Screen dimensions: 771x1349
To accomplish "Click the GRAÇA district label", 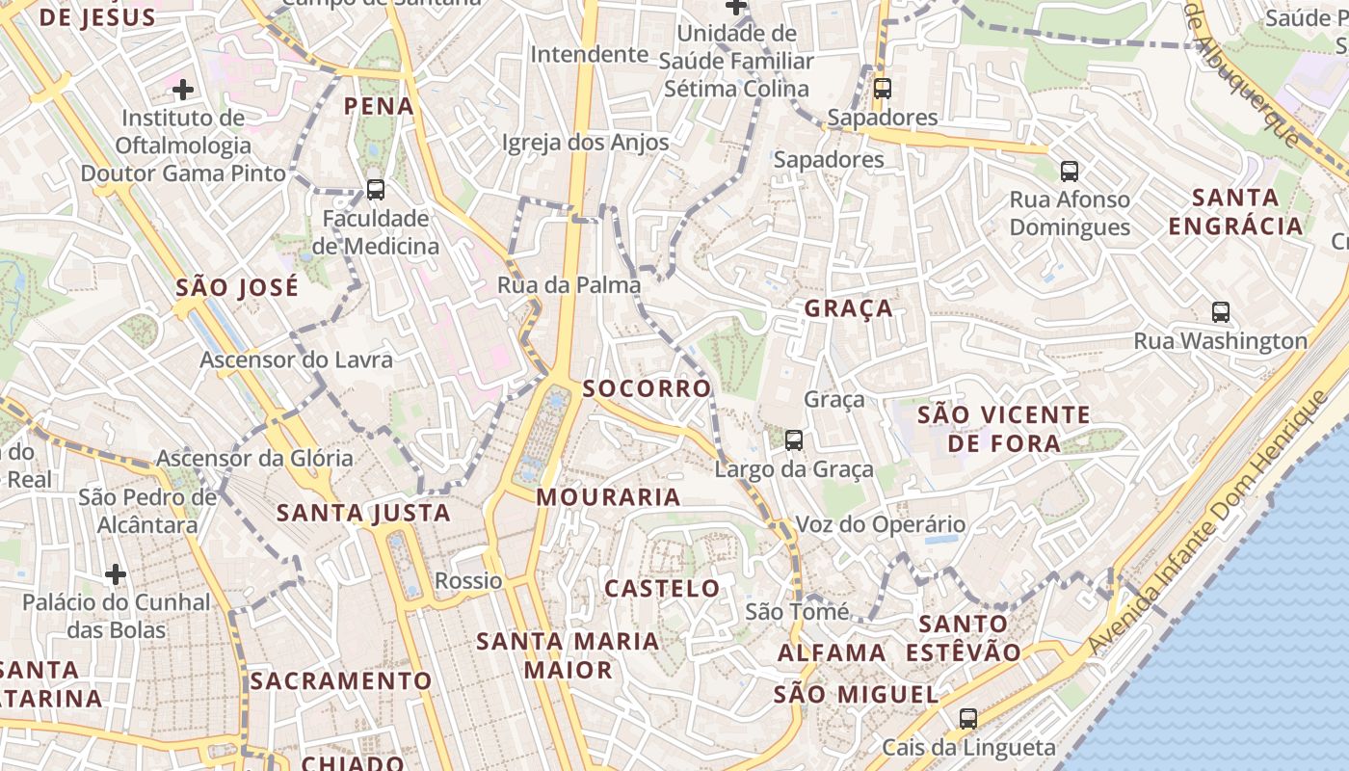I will point(848,308).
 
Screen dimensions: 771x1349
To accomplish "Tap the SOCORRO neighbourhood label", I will point(647,388).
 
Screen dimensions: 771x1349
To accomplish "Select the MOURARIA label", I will point(608,497).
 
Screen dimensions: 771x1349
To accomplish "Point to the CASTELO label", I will point(662,588).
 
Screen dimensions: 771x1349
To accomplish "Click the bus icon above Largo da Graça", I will point(794,440).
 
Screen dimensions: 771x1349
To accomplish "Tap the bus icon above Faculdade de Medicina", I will point(376,190).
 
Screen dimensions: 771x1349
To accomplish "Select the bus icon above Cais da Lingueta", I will point(968,719).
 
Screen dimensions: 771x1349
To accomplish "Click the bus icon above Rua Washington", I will point(1221,312).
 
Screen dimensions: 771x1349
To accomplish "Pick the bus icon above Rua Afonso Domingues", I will point(1070,172).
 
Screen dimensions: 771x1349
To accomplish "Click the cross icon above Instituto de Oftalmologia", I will point(183,91).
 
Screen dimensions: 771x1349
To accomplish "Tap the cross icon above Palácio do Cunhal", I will point(116,575).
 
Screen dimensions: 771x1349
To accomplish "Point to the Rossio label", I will point(468,581).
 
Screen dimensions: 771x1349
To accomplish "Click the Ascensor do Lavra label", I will point(296,360).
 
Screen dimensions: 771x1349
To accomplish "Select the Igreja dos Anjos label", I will point(585,143).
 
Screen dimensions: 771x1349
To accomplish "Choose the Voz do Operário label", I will point(880,525).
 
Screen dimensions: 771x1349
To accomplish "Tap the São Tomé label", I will point(798,612).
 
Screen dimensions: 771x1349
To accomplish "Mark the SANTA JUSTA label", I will point(363,514).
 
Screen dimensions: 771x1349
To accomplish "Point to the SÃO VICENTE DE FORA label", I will point(1004,429).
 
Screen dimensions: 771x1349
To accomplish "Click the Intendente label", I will point(589,54).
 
